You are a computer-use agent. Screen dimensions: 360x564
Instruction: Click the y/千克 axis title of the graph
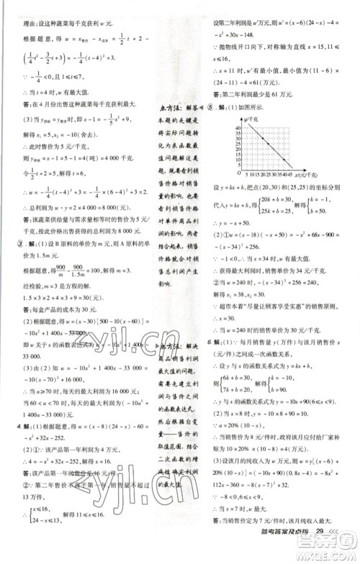[254, 117]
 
